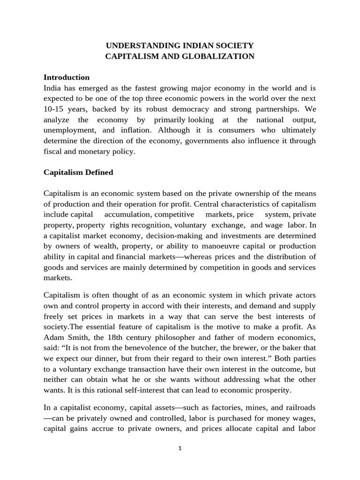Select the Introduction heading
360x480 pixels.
point(67,77)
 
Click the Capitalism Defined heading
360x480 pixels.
point(78,172)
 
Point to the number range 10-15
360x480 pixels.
point(53,109)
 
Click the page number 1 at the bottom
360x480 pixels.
point(180,448)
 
